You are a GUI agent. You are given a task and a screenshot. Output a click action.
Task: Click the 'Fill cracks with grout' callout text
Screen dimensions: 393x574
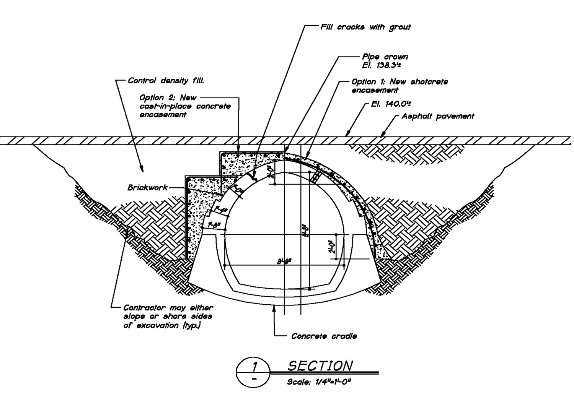click(x=365, y=27)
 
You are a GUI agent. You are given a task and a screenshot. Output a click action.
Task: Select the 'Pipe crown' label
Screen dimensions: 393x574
click(x=385, y=57)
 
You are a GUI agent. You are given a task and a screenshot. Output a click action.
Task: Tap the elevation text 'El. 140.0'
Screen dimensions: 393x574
click(x=391, y=104)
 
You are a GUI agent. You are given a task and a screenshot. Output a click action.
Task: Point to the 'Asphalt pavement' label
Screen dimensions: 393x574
click(x=437, y=116)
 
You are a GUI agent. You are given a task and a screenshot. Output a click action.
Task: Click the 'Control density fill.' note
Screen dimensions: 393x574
click(x=166, y=81)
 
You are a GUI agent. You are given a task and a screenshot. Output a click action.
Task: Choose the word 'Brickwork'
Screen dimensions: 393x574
click(x=147, y=188)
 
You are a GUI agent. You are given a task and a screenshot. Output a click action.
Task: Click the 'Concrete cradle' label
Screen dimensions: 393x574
click(x=324, y=336)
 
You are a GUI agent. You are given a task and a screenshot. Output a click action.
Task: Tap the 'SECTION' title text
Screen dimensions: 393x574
click(x=320, y=366)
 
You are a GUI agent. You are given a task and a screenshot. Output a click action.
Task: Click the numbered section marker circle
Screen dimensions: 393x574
click(x=253, y=372)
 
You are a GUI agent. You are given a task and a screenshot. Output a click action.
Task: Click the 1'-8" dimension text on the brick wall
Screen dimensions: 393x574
click(x=214, y=225)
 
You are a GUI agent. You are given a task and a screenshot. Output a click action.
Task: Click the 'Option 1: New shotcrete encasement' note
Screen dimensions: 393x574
click(x=399, y=86)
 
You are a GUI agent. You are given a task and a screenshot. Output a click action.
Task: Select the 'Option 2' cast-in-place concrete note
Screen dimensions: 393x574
click(x=185, y=106)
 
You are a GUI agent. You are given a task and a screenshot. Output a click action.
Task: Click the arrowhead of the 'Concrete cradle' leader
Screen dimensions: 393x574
click(x=274, y=308)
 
